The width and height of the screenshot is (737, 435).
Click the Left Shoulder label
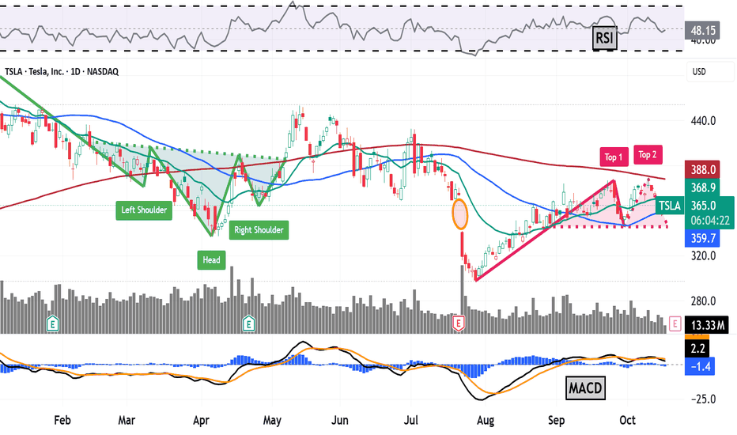[x=144, y=210]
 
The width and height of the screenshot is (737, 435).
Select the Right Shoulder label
[x=259, y=230]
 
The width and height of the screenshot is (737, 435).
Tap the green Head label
[x=211, y=260]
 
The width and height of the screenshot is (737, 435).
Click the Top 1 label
[x=614, y=157]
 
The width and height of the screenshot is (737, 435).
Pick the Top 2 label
[x=648, y=155]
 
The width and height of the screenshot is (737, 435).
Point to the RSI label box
[x=604, y=37]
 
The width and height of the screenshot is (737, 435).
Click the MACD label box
[x=585, y=388]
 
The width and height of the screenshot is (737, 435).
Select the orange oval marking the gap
[x=460, y=214]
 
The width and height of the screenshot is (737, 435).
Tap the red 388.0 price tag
[x=702, y=170]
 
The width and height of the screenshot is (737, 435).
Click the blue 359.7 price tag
[x=702, y=238]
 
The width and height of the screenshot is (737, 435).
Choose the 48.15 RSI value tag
[x=702, y=31]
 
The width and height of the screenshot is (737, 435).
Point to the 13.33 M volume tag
[x=707, y=325]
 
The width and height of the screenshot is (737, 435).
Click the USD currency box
[x=710, y=72]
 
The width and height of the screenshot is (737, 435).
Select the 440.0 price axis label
[x=703, y=121]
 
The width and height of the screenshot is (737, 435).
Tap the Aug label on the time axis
[x=485, y=420]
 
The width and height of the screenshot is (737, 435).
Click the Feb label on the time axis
[x=62, y=420]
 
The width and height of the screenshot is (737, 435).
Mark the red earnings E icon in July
[x=459, y=323]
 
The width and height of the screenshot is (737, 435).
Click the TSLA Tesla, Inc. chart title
[x=62, y=71]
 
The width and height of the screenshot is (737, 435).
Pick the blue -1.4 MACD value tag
[x=700, y=366]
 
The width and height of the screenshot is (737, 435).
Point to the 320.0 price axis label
[x=703, y=255]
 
